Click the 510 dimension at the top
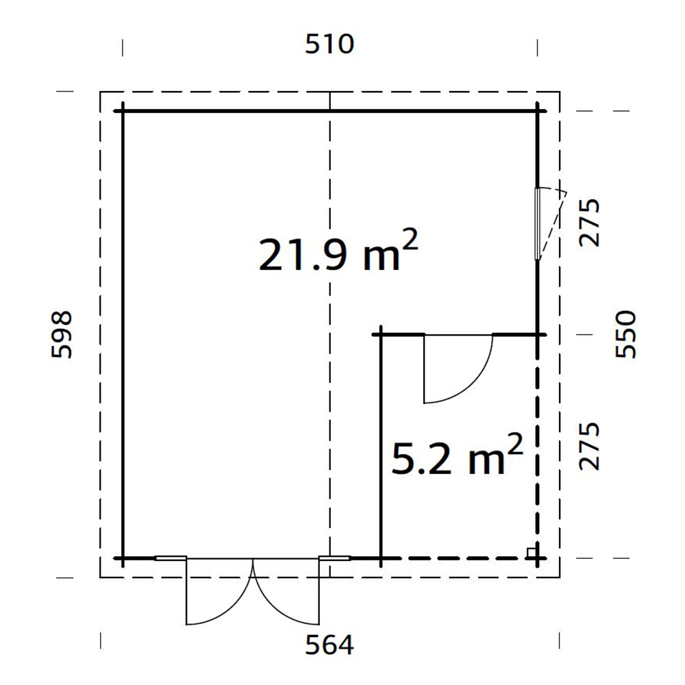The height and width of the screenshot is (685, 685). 329,45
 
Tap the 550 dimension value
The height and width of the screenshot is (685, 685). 625,334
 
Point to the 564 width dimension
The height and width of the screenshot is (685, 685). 331,645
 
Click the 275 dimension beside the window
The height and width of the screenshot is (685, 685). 589,223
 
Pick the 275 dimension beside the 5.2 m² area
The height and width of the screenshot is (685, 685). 589,446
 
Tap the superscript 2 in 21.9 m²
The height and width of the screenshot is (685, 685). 408,240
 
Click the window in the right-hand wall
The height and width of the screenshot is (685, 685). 538,223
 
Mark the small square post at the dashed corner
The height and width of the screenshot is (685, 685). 531,552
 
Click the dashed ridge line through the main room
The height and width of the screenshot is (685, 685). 330,411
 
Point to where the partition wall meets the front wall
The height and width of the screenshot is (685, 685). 381,558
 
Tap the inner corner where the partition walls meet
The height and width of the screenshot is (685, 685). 381,334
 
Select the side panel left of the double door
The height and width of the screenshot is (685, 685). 171,558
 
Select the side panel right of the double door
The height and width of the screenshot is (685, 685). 335,558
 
